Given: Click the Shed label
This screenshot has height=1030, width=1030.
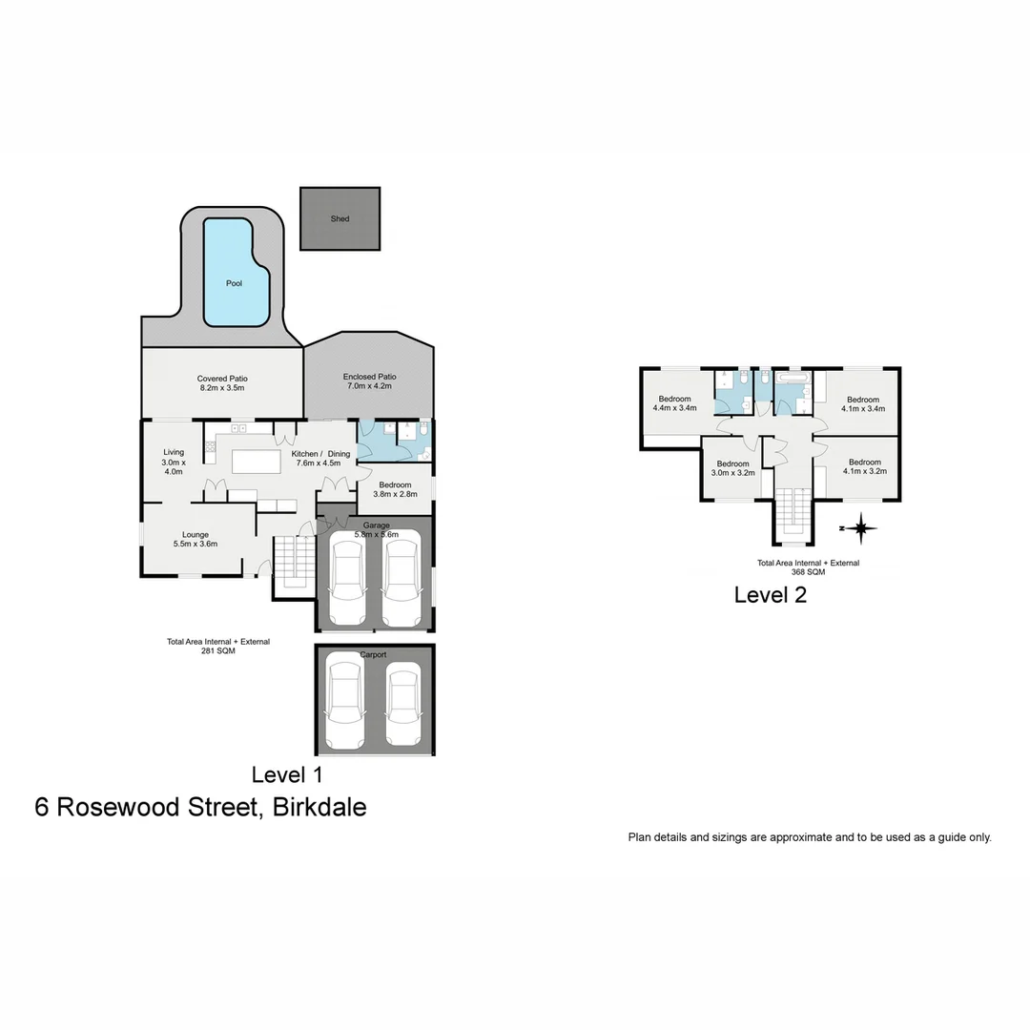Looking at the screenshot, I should [x=340, y=218].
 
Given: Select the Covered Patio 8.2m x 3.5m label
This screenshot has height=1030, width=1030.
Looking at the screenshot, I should [x=222, y=383].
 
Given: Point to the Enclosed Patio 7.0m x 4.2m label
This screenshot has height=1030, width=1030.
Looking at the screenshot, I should [x=369, y=381].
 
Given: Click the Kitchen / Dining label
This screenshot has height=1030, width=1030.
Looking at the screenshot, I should [x=318, y=453].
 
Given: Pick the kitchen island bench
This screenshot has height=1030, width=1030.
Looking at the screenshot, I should [x=257, y=462].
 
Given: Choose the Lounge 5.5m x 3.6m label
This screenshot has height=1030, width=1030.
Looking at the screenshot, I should [x=196, y=539].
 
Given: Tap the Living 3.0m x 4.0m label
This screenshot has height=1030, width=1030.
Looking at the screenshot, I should [x=173, y=462].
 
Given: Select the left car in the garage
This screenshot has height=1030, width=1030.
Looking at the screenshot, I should [x=346, y=578].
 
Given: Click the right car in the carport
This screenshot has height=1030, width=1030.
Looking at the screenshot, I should [x=402, y=704].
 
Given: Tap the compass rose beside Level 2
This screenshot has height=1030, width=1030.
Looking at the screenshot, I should [x=860, y=527].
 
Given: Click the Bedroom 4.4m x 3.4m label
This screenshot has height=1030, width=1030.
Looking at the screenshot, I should [x=674, y=403].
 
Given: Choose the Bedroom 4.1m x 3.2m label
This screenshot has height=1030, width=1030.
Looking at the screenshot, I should [x=865, y=466].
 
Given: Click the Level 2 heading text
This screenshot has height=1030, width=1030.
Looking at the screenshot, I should [x=770, y=595].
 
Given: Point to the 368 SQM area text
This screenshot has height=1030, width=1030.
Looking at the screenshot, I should [x=808, y=572].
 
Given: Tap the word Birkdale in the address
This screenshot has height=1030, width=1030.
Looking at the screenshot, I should [x=319, y=807].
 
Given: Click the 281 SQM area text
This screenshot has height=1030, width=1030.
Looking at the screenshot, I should [x=217, y=651].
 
